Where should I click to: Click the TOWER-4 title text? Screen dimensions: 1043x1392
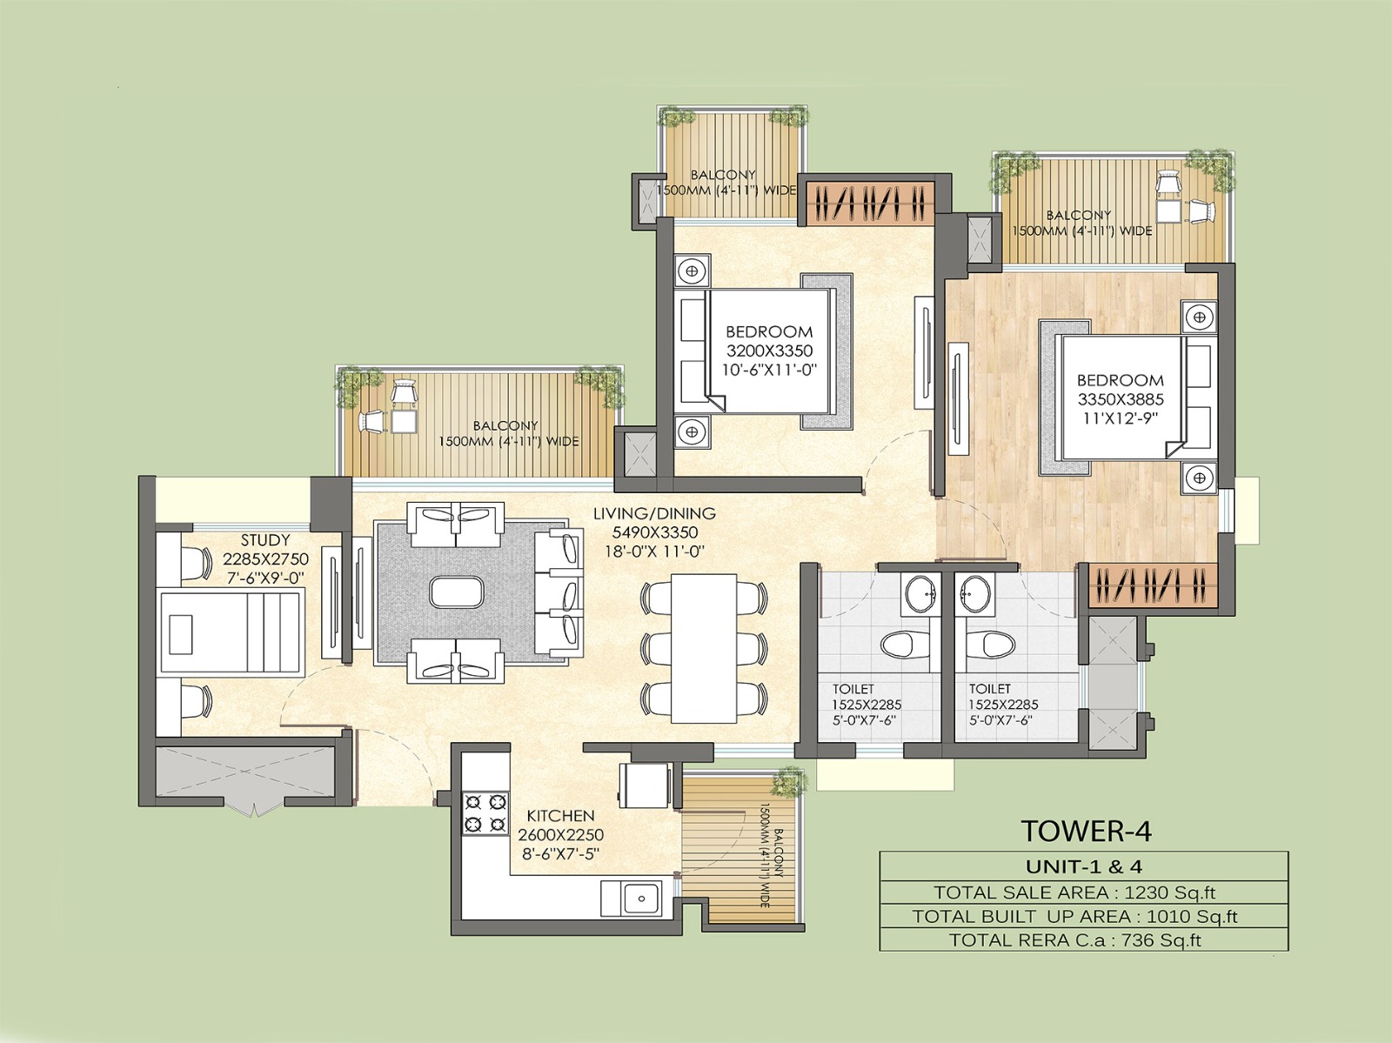click(x=1087, y=831)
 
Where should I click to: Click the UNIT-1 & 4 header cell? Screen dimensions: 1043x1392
click(x=1084, y=866)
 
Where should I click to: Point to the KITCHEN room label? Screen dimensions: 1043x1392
click(x=560, y=816)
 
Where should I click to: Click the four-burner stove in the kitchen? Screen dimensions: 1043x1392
click(x=485, y=812)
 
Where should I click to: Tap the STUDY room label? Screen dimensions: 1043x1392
click(x=265, y=541)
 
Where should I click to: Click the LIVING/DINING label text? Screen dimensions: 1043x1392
click(x=654, y=513)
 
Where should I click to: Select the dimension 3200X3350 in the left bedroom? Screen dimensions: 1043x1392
click(x=769, y=351)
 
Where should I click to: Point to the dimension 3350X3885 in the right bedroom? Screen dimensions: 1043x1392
click(x=1121, y=399)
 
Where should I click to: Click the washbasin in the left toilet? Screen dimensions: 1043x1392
click(x=919, y=597)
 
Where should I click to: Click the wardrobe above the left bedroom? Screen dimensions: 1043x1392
click(x=867, y=203)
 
